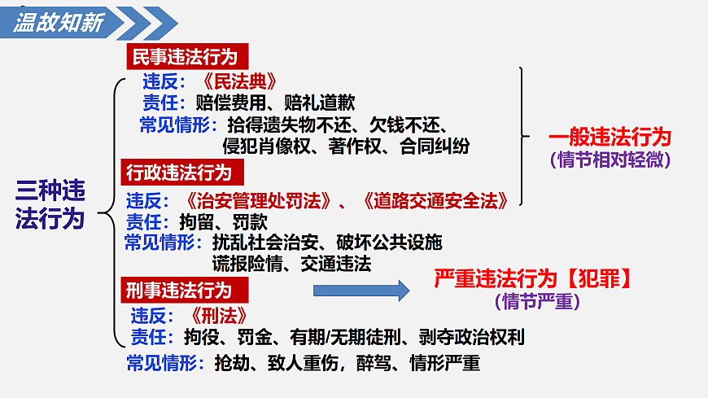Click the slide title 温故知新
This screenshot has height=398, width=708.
pyautogui.click(x=59, y=22)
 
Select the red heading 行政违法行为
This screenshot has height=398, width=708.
pyautogui.click(x=178, y=173)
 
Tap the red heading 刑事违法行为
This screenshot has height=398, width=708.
pyautogui.click(x=178, y=289)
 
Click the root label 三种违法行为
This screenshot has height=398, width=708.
pyautogui.click(x=50, y=204)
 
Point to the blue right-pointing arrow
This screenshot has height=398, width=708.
pyautogui.click(x=361, y=290)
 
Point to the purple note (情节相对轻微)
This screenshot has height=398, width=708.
pyautogui.click(x=610, y=159)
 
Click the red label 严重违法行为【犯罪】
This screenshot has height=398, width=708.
pyautogui.click(x=534, y=278)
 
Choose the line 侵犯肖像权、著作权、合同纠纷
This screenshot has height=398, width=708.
pyautogui.click(x=346, y=147)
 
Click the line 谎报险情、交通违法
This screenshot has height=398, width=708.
pyautogui.click(x=291, y=263)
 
